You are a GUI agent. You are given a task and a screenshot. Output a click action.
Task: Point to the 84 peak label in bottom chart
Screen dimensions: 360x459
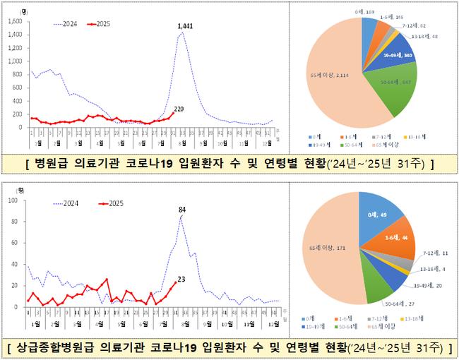point(181,209)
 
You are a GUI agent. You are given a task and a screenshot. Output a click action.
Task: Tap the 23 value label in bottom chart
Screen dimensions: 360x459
point(182,279)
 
